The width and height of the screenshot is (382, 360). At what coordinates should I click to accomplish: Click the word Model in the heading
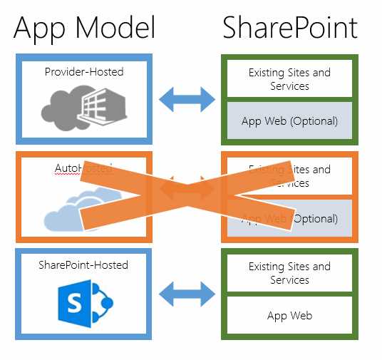click(115, 28)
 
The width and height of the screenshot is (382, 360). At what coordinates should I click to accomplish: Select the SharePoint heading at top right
click(289, 28)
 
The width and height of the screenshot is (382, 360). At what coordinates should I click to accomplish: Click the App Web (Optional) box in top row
click(289, 120)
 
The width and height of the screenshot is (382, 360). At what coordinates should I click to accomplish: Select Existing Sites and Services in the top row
click(289, 78)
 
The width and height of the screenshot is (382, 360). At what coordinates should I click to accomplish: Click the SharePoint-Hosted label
click(84, 265)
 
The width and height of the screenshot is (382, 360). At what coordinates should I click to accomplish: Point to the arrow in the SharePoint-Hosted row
click(187, 292)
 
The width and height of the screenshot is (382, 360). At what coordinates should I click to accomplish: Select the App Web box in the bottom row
click(289, 315)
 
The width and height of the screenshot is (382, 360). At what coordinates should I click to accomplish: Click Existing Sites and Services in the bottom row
click(289, 273)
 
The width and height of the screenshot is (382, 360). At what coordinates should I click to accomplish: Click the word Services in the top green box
click(289, 86)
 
